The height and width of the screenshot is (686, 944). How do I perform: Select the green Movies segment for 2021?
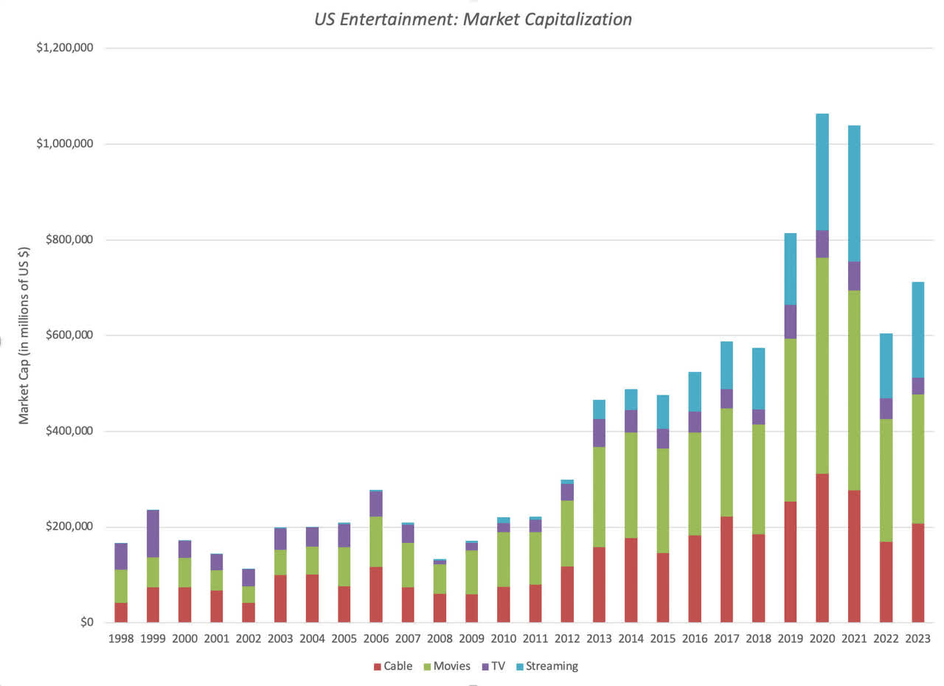(x=853, y=390)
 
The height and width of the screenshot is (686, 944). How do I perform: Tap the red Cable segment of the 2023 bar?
(x=917, y=572)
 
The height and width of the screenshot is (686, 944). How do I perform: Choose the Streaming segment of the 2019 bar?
(x=790, y=268)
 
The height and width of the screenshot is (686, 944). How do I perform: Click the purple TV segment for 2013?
(x=599, y=432)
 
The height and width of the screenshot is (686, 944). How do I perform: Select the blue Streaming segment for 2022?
(x=886, y=366)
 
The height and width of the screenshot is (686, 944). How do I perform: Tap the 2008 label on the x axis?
(x=440, y=639)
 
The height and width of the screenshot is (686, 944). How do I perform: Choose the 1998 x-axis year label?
(x=121, y=639)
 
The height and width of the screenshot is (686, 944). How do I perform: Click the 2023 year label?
(x=917, y=639)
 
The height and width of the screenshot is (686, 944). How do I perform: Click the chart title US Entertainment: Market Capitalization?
(x=473, y=19)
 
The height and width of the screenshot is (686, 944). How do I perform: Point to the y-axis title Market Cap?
(x=24, y=354)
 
